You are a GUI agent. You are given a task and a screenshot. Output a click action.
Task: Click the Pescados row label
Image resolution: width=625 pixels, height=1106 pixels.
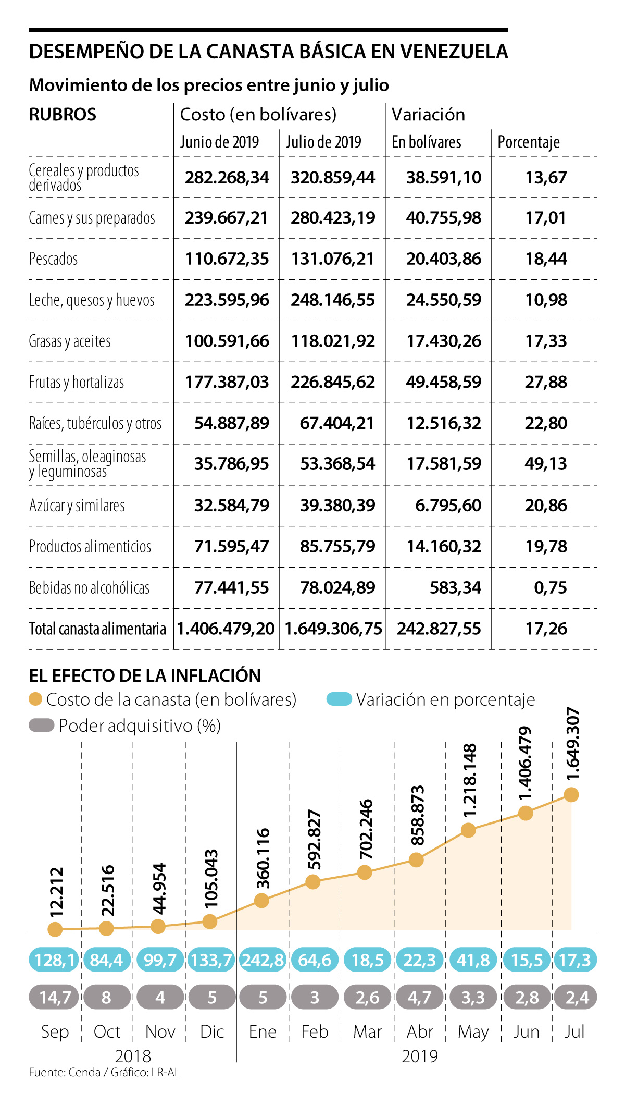(53, 259)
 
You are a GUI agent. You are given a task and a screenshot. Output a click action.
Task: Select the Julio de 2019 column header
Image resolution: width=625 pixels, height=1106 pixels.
(323, 142)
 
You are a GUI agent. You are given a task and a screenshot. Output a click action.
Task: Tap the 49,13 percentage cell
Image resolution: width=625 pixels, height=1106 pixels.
(545, 463)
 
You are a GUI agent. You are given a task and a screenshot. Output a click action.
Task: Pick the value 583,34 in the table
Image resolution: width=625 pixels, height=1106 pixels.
(455, 587)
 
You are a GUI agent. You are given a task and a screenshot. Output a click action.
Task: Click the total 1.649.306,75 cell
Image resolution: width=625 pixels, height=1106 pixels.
(333, 629)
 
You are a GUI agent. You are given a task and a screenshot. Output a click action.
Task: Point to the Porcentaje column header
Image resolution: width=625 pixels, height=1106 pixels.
(529, 142)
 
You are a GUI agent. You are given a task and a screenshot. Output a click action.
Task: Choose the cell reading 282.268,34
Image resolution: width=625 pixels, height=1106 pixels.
(227, 177)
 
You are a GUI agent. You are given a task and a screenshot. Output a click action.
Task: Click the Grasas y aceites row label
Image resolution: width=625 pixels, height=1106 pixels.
(70, 341)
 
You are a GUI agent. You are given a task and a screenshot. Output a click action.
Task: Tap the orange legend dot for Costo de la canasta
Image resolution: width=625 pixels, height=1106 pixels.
(35, 699)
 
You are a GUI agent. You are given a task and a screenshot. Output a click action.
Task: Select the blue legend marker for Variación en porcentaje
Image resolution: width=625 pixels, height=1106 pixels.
(339, 699)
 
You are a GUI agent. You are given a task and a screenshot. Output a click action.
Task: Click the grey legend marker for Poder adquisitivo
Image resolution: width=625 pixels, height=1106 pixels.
(42, 726)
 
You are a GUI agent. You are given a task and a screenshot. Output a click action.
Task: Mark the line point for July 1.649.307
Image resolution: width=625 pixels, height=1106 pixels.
(571, 795)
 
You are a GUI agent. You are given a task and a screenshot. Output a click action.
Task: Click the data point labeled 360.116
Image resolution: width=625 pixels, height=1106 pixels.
(261, 901)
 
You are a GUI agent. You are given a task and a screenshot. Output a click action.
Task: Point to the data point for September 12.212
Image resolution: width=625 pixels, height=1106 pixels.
(55, 929)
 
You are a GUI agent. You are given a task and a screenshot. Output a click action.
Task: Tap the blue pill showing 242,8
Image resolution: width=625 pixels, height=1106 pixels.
(263, 960)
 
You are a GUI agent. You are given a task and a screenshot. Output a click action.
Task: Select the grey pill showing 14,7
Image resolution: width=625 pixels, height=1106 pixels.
(55, 998)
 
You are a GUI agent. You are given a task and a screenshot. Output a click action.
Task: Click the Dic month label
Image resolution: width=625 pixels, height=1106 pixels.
(212, 1031)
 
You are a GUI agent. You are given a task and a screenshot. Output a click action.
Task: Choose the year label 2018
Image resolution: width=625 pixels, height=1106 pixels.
(133, 1056)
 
